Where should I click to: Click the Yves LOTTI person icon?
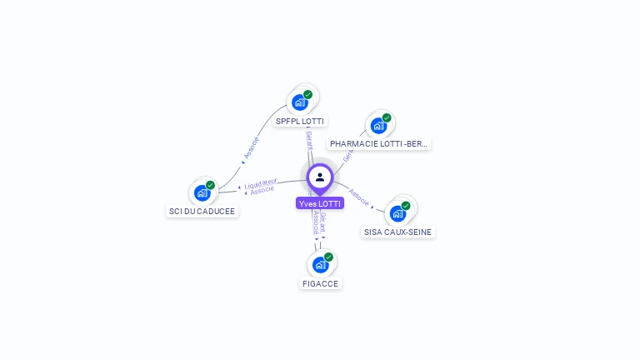320,177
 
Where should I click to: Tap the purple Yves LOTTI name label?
320,203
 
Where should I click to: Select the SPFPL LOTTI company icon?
298,102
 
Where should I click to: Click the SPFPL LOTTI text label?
300,121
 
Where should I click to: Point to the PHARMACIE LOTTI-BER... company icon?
378,126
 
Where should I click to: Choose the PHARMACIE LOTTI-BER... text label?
379,144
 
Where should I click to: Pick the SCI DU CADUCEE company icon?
202,192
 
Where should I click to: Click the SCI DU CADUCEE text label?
202,212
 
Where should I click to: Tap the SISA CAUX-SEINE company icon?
397,213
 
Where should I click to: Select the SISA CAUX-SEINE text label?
398,232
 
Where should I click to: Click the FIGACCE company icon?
320,265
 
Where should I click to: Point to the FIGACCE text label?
321,283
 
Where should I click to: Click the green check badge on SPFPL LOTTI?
307,94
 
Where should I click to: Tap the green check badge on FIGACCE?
328,257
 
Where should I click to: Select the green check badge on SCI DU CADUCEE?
210,185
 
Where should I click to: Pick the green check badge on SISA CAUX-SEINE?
406,206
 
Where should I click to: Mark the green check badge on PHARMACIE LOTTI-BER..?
387,117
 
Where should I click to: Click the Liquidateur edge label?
261,182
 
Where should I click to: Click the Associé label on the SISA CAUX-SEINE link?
358,197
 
